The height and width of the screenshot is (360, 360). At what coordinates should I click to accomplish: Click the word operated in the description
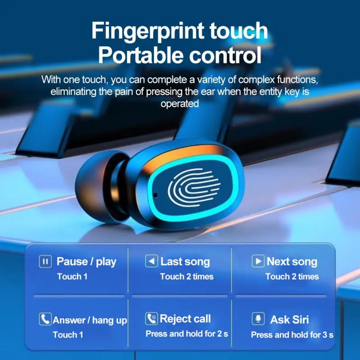click(x=180, y=103)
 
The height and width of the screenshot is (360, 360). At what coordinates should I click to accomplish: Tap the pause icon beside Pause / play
click(x=45, y=261)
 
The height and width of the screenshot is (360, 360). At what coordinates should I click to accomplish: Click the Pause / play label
click(x=86, y=261)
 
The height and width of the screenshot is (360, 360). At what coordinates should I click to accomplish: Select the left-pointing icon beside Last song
click(x=151, y=261)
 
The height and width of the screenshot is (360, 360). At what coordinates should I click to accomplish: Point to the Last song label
click(x=185, y=261)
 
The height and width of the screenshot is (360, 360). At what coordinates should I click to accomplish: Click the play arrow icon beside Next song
click(x=258, y=261)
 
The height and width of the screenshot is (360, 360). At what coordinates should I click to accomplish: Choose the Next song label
click(x=292, y=261)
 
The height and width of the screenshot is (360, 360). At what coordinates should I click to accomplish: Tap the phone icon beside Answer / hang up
click(x=45, y=319)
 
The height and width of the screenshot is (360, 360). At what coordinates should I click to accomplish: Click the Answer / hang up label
click(x=90, y=320)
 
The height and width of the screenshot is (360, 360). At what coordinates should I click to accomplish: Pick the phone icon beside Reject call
click(x=152, y=319)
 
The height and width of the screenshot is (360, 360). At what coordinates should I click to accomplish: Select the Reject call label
click(x=185, y=319)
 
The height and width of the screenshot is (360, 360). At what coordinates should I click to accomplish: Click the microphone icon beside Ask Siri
click(x=258, y=319)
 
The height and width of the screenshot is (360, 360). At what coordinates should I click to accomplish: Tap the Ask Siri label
click(x=289, y=320)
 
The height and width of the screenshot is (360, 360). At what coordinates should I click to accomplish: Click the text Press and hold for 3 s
click(x=292, y=335)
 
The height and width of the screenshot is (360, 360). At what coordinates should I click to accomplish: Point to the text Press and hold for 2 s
click(x=187, y=334)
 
